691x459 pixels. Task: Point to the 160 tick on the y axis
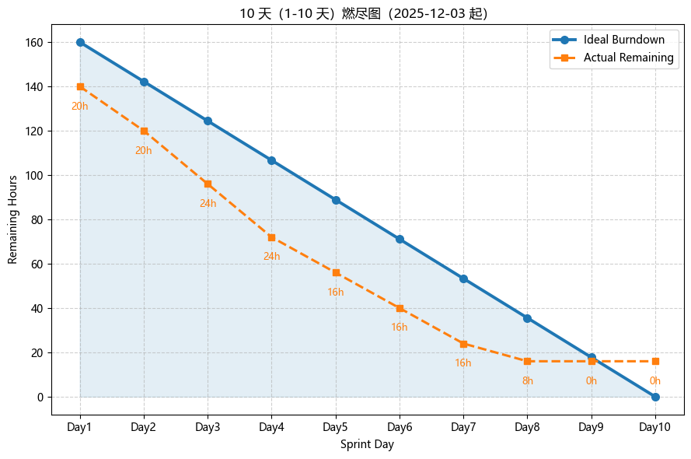33,42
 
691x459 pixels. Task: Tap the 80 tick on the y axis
37,219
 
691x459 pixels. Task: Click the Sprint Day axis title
367,445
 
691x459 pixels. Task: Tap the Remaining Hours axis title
13,219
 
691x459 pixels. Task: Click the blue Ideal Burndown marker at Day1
80,42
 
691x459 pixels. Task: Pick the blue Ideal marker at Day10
655,397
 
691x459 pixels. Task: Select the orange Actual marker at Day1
80,86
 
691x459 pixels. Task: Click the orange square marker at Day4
271,237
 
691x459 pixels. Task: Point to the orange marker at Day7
463,344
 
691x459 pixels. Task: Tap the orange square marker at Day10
655,361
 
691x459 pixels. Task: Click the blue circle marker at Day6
400,239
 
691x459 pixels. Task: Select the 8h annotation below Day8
528,381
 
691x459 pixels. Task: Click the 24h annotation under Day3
208,204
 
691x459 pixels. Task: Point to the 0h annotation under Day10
655,381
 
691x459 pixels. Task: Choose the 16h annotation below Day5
336,293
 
